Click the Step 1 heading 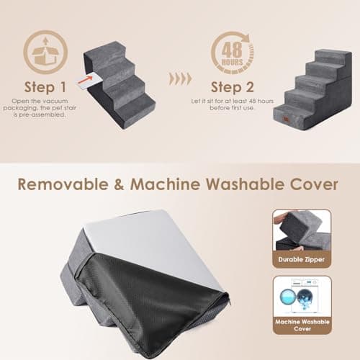[45, 87]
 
